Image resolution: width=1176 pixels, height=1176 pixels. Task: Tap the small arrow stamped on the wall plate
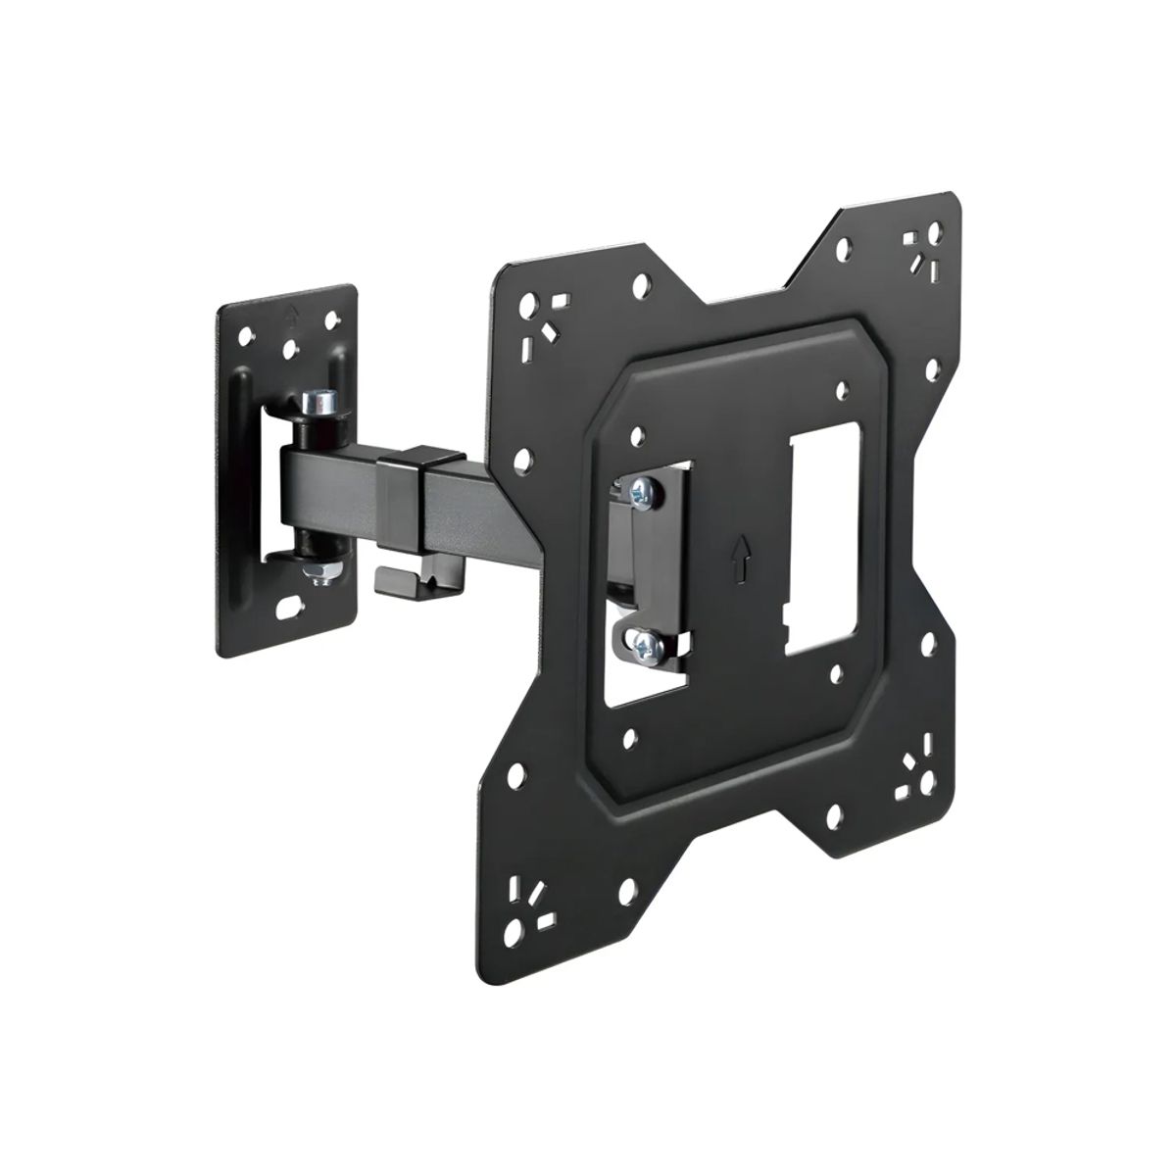coord(292,316)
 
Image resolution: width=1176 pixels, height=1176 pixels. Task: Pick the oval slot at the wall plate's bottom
coord(289,610)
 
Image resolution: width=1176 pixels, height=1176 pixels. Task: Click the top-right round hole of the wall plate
coord(332,318)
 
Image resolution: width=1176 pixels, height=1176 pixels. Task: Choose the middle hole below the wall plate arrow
coord(289,348)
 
